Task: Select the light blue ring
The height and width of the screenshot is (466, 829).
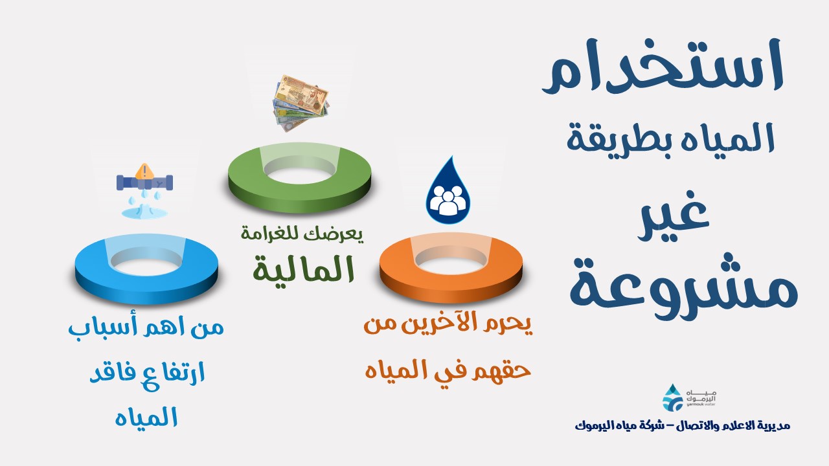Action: click(x=146, y=269)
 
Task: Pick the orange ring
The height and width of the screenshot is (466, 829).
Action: click(x=451, y=268)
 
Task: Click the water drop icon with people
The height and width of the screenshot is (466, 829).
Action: click(x=448, y=190)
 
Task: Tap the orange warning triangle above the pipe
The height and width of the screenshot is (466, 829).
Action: click(x=144, y=172)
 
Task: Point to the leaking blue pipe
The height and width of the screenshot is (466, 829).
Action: click(x=144, y=183)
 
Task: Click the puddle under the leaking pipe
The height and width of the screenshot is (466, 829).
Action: click(x=144, y=212)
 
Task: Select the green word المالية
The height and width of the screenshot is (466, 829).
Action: click(x=304, y=269)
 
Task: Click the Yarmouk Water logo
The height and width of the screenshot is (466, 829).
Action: click(x=689, y=397)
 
